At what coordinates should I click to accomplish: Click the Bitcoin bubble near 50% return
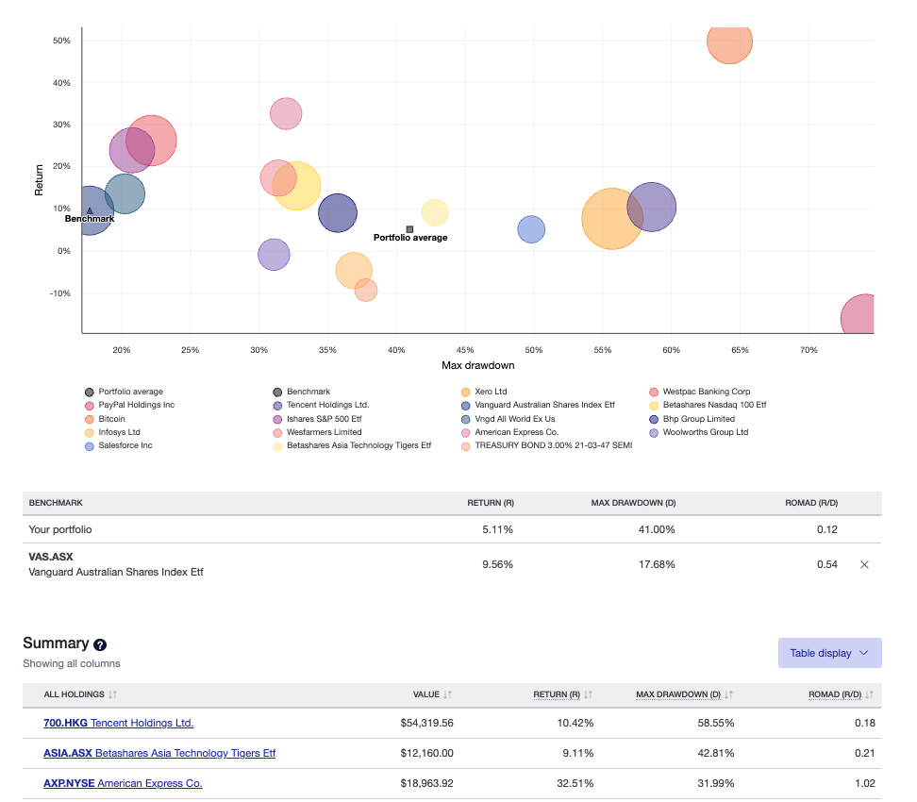(x=729, y=41)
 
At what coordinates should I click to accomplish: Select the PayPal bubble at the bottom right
(x=861, y=318)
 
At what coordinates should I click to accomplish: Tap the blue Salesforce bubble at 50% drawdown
(x=531, y=229)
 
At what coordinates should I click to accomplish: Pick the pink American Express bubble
(x=286, y=114)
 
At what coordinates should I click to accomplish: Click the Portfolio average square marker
(x=409, y=228)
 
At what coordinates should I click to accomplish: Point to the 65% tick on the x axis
(x=740, y=350)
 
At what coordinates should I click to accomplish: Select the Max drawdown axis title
(x=477, y=365)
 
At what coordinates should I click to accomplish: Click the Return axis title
(x=40, y=180)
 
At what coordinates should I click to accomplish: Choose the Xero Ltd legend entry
(x=491, y=392)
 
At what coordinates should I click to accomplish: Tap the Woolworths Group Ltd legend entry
(x=705, y=432)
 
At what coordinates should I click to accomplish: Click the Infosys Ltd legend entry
(x=119, y=432)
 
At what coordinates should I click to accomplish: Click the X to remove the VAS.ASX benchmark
(x=864, y=564)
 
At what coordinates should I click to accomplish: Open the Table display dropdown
(x=829, y=653)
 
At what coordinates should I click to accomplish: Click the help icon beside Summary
(x=101, y=644)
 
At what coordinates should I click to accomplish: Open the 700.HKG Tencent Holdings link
(x=119, y=723)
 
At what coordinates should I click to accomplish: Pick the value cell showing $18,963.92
(x=426, y=783)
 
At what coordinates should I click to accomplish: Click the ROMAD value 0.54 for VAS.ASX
(x=826, y=564)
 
